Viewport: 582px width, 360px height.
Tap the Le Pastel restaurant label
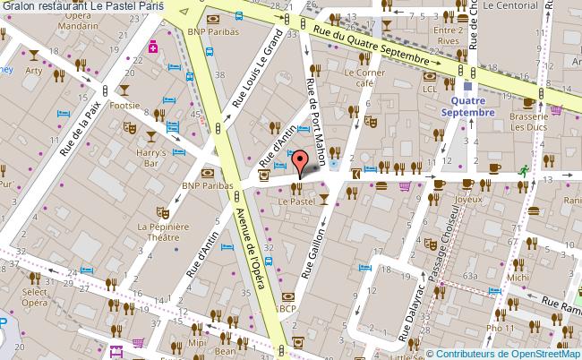tap(295, 203)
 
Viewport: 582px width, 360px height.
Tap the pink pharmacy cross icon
tap(154, 46)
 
